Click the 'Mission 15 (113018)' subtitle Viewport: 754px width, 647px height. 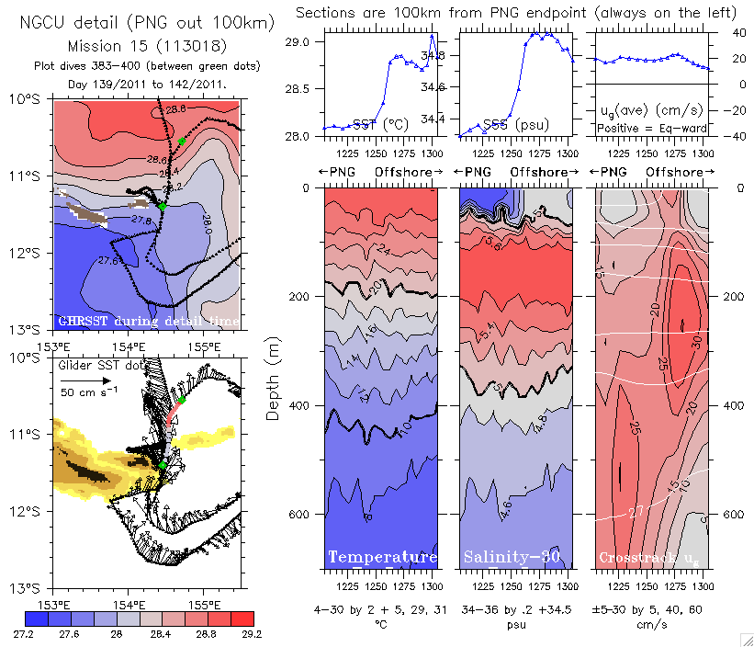pos(146,44)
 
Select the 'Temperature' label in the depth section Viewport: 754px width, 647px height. pos(381,558)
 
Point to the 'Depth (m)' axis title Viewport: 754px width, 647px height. pos(273,378)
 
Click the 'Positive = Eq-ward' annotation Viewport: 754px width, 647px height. pos(647,128)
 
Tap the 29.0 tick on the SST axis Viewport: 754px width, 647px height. pos(298,42)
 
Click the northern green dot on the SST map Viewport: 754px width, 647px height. pos(182,141)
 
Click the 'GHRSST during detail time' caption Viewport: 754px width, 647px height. pos(147,321)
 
